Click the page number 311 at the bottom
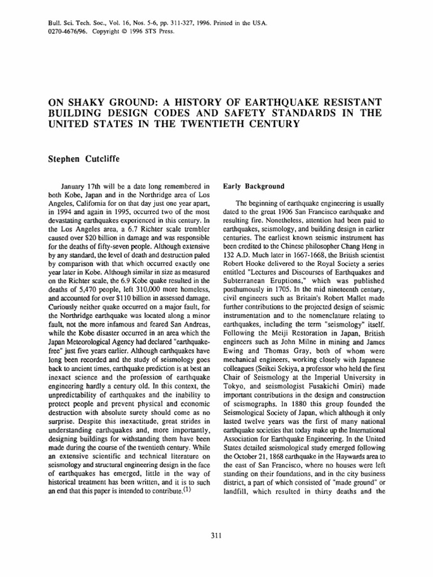[x=216, y=535]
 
